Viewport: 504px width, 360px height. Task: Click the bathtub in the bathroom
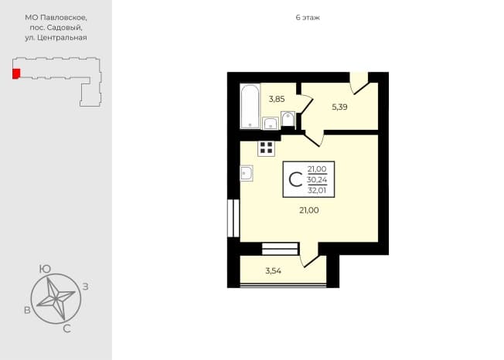tap(250, 107)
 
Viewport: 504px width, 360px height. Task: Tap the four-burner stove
tap(266, 148)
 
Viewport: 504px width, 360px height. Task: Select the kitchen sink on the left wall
tap(247, 173)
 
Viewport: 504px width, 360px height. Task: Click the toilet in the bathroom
tap(288, 119)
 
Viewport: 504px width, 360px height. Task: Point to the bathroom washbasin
tap(271, 124)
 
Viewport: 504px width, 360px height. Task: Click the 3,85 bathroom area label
tap(277, 99)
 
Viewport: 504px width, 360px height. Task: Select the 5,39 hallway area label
tap(340, 107)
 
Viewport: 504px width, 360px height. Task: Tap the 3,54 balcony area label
tap(273, 271)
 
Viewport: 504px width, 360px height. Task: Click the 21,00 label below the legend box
tap(309, 210)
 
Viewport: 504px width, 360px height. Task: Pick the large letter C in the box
tap(295, 179)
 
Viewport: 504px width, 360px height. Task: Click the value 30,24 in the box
tap(317, 179)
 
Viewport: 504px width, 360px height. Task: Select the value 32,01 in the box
tap(317, 190)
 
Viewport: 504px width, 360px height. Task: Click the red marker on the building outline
tap(16, 73)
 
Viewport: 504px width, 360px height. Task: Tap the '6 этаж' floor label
tap(308, 18)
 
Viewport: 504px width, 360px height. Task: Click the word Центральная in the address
tap(62, 38)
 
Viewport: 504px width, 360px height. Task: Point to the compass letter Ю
tap(45, 269)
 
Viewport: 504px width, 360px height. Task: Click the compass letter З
tap(86, 287)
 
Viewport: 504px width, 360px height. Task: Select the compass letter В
tap(27, 311)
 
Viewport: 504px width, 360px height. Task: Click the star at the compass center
tap(56, 299)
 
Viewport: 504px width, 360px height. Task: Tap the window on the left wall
tap(233, 219)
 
